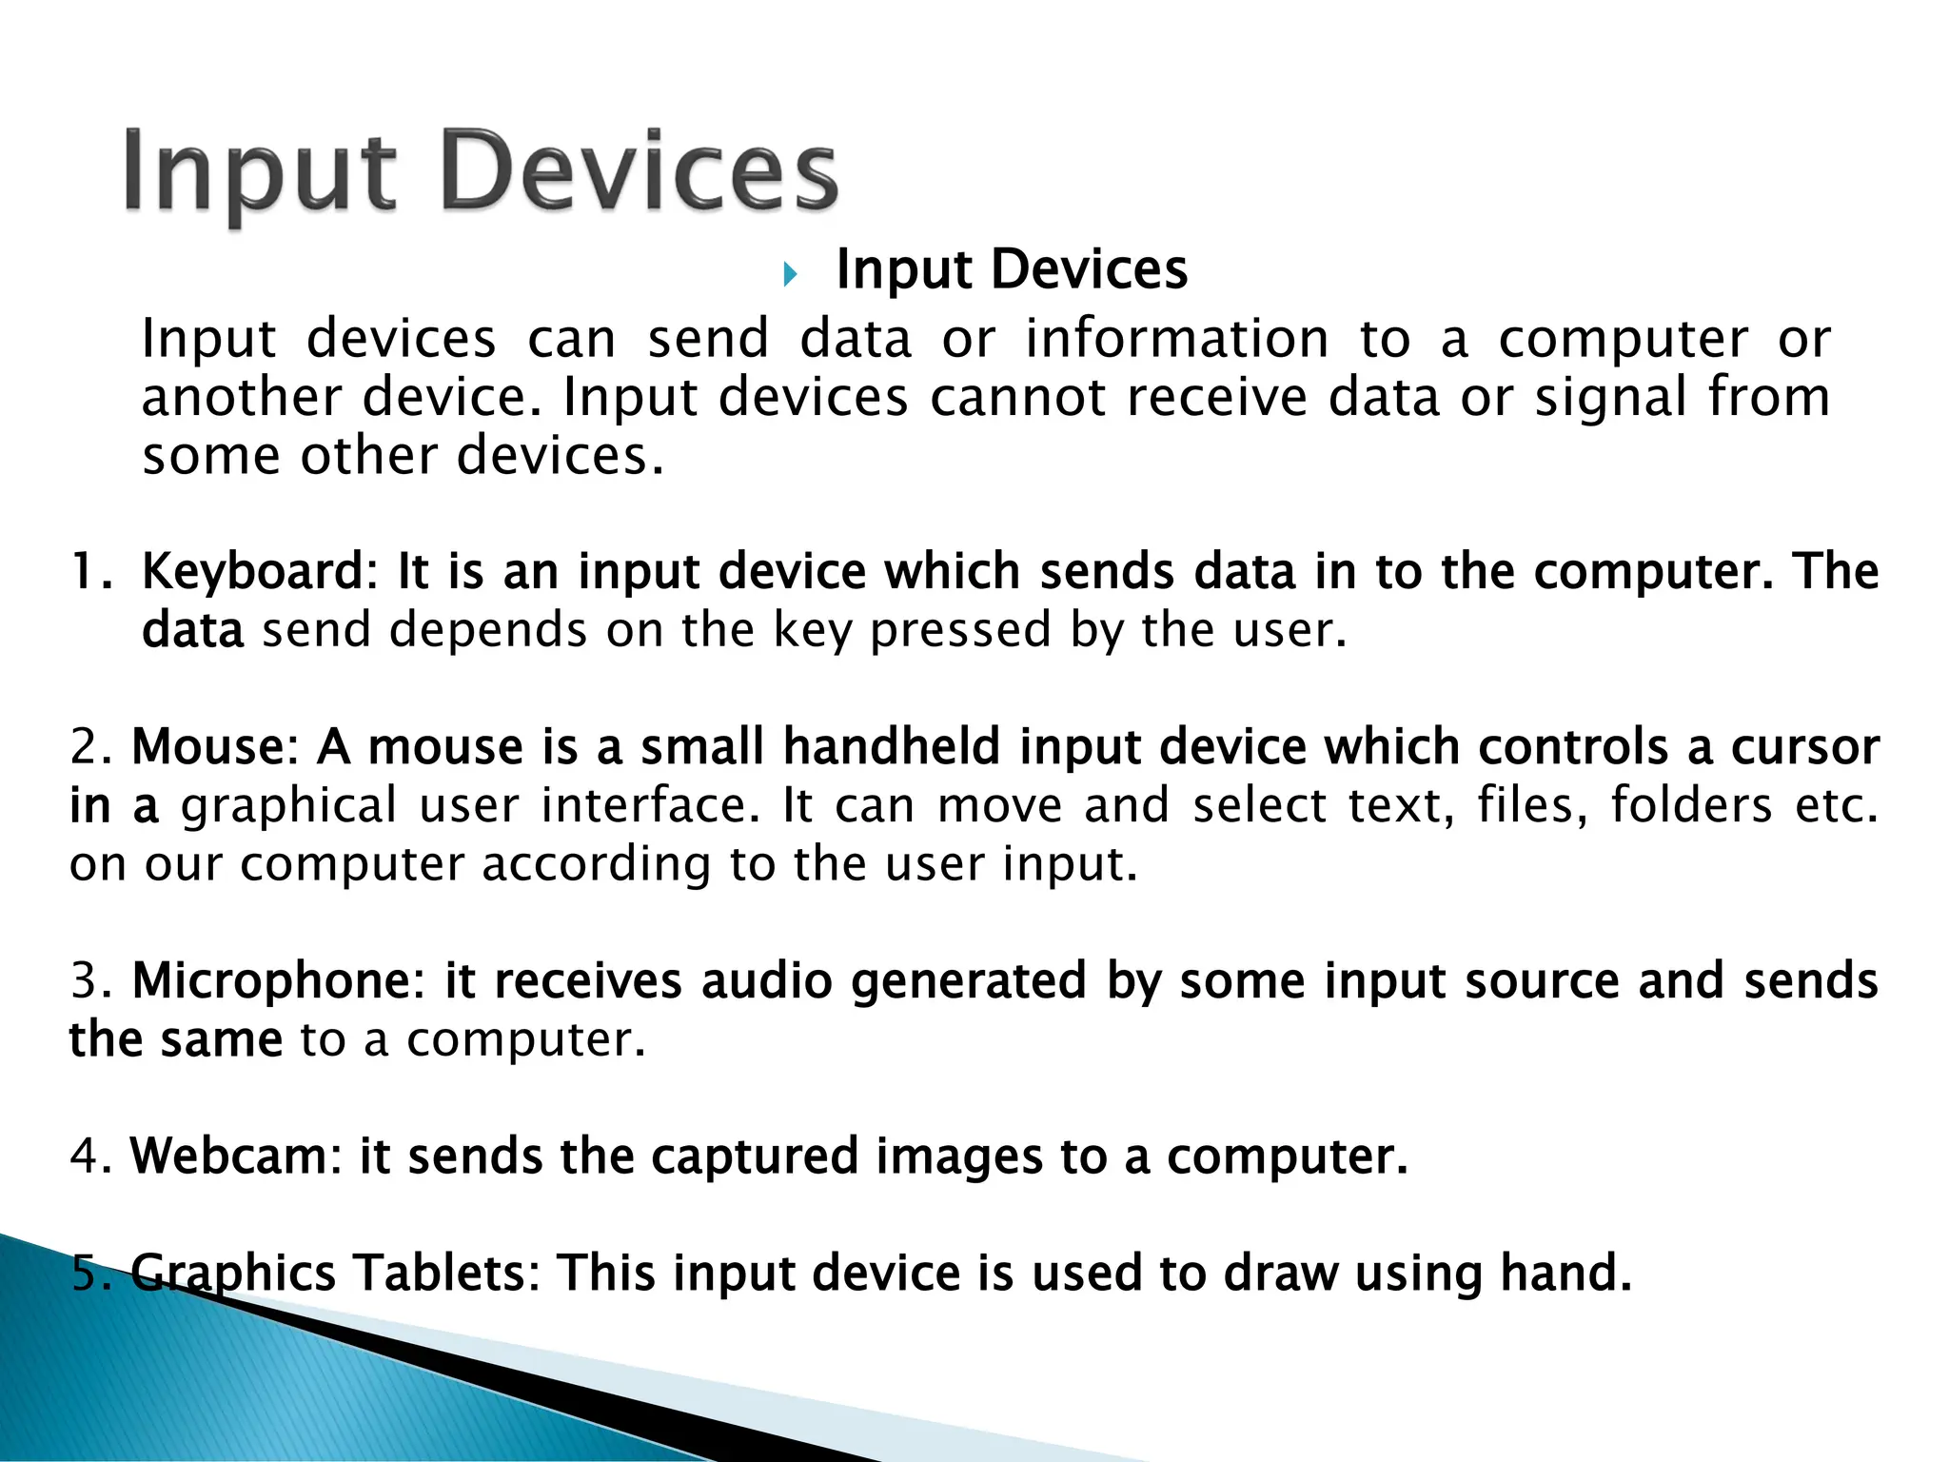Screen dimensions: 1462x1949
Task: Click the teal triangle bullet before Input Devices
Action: point(789,276)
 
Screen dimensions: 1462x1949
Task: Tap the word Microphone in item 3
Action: point(273,981)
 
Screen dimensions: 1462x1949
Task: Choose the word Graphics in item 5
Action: point(232,1274)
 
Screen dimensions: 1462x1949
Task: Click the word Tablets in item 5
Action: point(440,1274)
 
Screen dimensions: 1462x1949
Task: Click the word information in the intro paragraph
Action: point(1176,339)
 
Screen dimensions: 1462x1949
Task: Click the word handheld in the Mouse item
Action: point(891,747)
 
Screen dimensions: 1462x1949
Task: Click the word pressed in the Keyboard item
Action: point(960,631)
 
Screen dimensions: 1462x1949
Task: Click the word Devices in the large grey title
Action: point(640,173)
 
